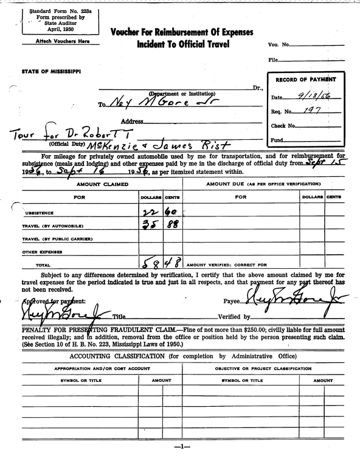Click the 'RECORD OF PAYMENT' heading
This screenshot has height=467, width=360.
click(x=305, y=80)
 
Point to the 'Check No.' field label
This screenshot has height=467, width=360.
click(x=283, y=126)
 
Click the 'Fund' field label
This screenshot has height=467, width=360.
click(x=277, y=140)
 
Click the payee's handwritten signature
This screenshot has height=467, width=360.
click(x=291, y=299)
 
